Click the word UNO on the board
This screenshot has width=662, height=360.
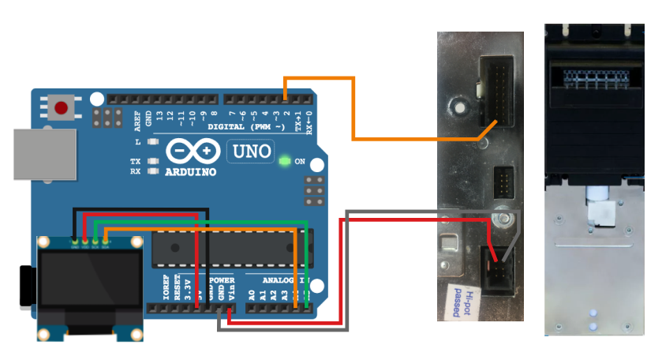pyautogui.click(x=249, y=151)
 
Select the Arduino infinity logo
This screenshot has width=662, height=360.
pyautogui.click(x=192, y=151)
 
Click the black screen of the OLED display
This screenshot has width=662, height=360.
pyautogui.click(x=89, y=282)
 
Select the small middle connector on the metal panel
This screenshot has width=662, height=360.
pyautogui.click(x=503, y=183)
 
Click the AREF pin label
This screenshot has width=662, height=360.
pyautogui.click(x=137, y=119)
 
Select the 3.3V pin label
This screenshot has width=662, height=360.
pyautogui.click(x=187, y=289)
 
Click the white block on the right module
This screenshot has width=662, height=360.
pyautogui.click(x=600, y=210)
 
